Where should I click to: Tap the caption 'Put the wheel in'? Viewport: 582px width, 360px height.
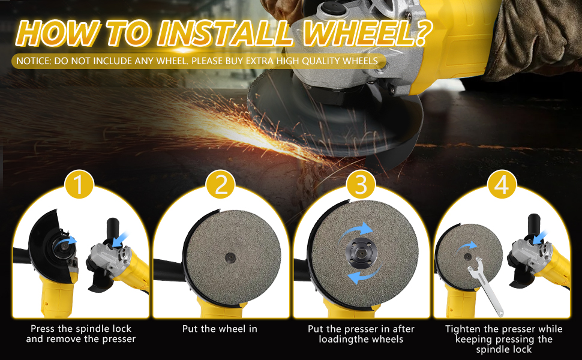point(220,329)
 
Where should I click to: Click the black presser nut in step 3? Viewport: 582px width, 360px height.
point(361,253)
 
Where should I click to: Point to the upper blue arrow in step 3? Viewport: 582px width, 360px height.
point(359,230)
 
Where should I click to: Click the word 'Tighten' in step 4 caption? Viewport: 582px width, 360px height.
point(463,329)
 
